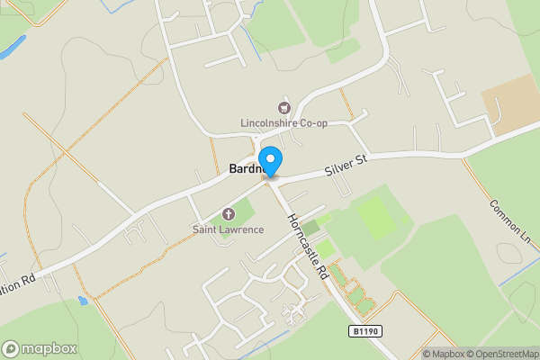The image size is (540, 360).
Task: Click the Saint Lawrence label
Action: point(228,229)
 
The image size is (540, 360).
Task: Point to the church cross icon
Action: point(228,214)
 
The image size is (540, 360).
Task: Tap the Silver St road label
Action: point(347,165)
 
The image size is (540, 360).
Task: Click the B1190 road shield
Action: point(365,332)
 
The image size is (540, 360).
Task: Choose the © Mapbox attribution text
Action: point(443,354)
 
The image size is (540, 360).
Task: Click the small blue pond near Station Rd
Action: point(84,300)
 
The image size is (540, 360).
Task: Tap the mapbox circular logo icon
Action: point(11,348)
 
